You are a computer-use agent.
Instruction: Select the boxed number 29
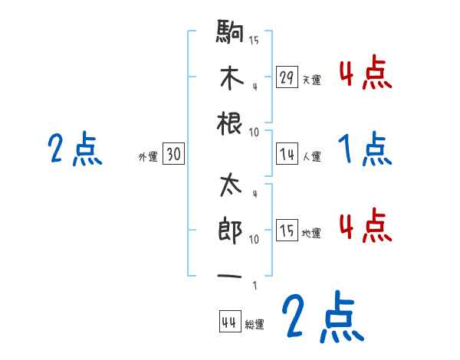pos(287,77)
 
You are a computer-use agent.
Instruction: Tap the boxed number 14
pos(287,154)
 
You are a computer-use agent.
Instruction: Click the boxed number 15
pos(287,231)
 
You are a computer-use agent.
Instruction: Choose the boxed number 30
pos(173,154)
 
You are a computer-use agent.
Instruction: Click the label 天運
pos(311,80)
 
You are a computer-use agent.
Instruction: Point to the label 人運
pos(311,157)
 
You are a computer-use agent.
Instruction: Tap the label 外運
pos(148,157)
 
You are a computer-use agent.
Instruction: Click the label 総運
pos(255,325)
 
